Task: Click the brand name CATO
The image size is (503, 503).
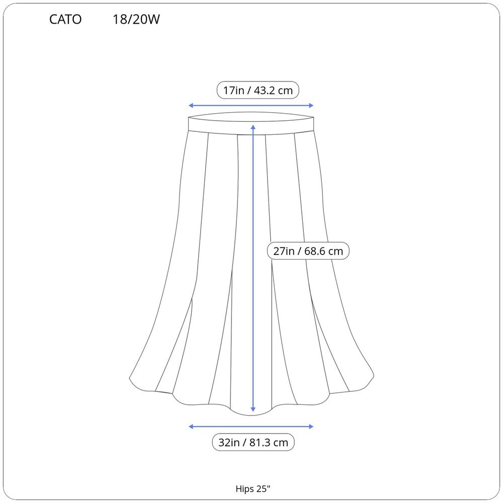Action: point(65,20)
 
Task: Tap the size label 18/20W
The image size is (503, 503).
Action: point(136,20)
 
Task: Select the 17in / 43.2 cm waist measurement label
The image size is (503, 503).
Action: point(258,90)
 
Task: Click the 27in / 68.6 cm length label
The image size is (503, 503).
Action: point(308,251)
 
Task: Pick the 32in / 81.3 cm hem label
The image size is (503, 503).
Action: point(253,442)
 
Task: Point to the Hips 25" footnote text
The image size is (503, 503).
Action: point(253,489)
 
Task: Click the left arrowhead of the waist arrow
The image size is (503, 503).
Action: point(191,106)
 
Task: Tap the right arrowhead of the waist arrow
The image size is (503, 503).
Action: point(311,106)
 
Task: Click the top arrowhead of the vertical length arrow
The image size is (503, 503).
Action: point(253,127)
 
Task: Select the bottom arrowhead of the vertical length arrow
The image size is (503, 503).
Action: point(253,409)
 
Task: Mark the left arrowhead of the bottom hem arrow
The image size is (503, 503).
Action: point(191,427)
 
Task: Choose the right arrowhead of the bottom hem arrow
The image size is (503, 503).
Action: point(311,427)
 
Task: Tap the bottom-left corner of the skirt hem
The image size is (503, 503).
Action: point(130,378)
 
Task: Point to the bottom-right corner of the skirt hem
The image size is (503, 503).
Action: point(374,376)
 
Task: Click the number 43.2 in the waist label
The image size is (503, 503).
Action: point(264,91)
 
